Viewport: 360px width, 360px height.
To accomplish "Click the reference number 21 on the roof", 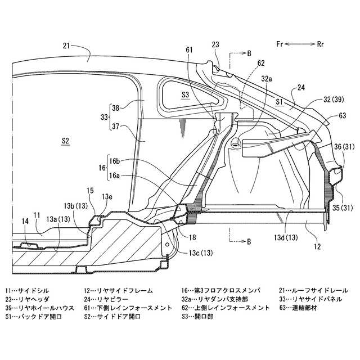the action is [66, 46].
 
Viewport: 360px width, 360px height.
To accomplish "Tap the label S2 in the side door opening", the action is [65, 141].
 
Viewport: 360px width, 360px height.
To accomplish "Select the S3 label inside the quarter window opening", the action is [185, 94].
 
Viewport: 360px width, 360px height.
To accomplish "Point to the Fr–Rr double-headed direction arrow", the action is [300, 44].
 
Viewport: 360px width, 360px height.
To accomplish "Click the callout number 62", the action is [261, 63].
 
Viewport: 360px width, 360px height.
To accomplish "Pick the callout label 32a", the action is [267, 79].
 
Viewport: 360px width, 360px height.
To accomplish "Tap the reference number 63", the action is [342, 115].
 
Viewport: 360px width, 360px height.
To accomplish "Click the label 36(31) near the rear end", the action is [344, 147].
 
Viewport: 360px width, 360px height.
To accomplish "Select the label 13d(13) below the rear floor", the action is [286, 237].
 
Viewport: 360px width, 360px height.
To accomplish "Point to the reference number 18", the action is [192, 237].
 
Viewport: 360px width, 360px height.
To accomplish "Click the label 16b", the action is [114, 161].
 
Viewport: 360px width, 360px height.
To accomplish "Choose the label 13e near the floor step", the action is [107, 197].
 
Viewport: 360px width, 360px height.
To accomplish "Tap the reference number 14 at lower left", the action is [25, 221].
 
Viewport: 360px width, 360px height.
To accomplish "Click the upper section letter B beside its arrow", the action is [249, 54].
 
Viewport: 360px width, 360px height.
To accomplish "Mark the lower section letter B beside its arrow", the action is [249, 241].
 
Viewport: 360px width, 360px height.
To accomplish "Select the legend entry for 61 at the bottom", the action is [128, 308].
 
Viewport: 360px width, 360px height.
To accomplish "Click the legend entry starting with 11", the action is [27, 291].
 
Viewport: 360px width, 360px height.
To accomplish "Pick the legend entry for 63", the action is [298, 308].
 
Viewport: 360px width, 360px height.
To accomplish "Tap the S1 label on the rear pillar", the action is [279, 102].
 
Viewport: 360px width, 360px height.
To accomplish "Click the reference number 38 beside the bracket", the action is [116, 107].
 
